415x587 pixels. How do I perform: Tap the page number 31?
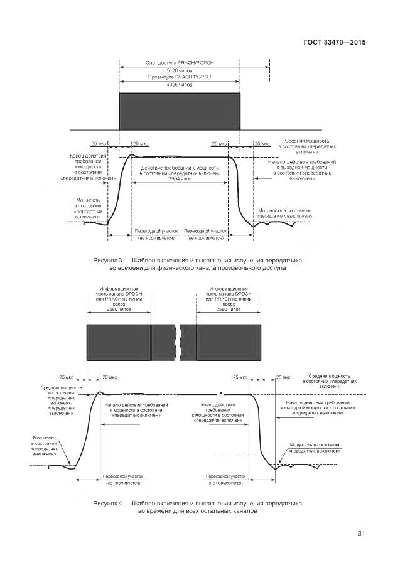click(x=361, y=534)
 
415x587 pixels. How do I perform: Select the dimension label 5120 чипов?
click(x=179, y=71)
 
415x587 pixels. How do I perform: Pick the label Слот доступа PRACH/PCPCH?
click(x=179, y=63)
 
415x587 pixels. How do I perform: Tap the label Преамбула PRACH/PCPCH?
click(x=179, y=77)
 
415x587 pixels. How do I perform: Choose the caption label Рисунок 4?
click(x=110, y=504)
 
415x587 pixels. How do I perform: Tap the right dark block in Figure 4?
click(x=229, y=342)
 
